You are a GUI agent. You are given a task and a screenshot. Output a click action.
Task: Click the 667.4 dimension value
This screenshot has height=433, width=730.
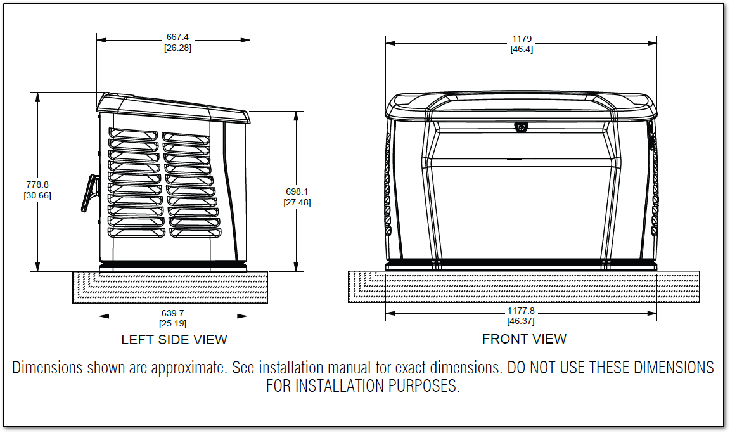pyautogui.click(x=177, y=37)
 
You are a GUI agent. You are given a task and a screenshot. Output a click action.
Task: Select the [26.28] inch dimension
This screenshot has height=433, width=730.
pyautogui.click(x=177, y=48)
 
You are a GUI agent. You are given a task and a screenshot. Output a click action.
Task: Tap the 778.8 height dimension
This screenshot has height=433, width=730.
pyautogui.click(x=37, y=185)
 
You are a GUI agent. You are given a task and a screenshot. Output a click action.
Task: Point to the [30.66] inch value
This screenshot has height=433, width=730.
pyautogui.click(x=37, y=195)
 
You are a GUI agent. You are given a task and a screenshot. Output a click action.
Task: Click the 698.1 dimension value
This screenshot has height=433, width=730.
pyautogui.click(x=297, y=192)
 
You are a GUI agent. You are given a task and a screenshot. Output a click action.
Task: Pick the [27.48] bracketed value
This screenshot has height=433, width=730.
pyautogui.click(x=297, y=202)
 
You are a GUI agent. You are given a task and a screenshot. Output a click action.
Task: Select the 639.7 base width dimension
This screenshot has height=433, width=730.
pyautogui.click(x=173, y=313)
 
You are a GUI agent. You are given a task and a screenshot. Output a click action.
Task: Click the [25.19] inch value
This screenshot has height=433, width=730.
pyautogui.click(x=173, y=323)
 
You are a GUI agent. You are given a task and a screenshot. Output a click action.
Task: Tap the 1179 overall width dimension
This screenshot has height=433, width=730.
pyautogui.click(x=522, y=39)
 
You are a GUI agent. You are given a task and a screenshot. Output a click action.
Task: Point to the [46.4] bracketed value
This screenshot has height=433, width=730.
pyautogui.click(x=522, y=49)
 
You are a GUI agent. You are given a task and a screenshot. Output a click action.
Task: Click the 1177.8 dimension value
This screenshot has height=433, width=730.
pyautogui.click(x=521, y=311)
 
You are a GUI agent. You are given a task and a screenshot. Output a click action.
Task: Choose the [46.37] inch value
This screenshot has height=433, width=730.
pyautogui.click(x=521, y=321)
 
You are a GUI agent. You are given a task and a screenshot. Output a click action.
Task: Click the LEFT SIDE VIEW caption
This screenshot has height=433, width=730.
pyautogui.click(x=174, y=340)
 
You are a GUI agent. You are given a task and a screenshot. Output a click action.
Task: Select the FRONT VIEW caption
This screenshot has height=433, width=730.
pyautogui.click(x=524, y=339)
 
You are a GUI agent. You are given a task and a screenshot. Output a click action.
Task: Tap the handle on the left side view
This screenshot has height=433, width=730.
pyautogui.click(x=91, y=193)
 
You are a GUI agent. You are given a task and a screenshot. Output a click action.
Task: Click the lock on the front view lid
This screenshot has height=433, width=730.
pyautogui.click(x=521, y=127)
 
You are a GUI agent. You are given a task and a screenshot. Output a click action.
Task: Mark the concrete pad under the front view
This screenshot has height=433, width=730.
pyautogui.click(x=524, y=287)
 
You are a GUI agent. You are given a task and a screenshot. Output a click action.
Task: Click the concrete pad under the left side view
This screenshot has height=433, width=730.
pyautogui.click(x=170, y=287)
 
